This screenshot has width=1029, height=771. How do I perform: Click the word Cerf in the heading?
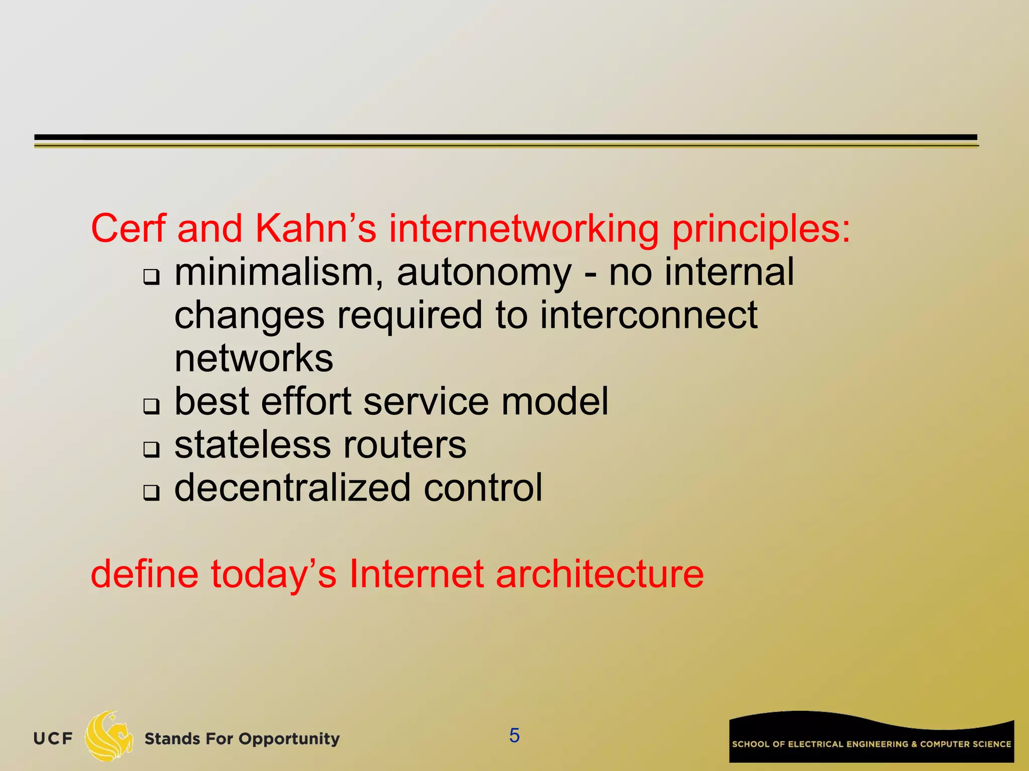click(x=128, y=229)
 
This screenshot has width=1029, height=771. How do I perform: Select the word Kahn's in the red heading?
click(x=316, y=229)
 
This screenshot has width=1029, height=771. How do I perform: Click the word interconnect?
click(x=649, y=316)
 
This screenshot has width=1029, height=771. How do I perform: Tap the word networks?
click(x=254, y=358)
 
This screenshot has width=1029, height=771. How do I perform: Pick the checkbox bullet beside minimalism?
click(x=151, y=277)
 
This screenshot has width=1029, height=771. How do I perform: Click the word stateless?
click(x=252, y=445)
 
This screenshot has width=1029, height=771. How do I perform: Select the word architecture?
click(x=599, y=574)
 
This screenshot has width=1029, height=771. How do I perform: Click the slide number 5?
click(x=514, y=735)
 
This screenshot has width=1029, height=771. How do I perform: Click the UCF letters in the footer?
click(x=53, y=738)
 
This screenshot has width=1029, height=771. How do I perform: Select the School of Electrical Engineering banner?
click(x=871, y=738)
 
